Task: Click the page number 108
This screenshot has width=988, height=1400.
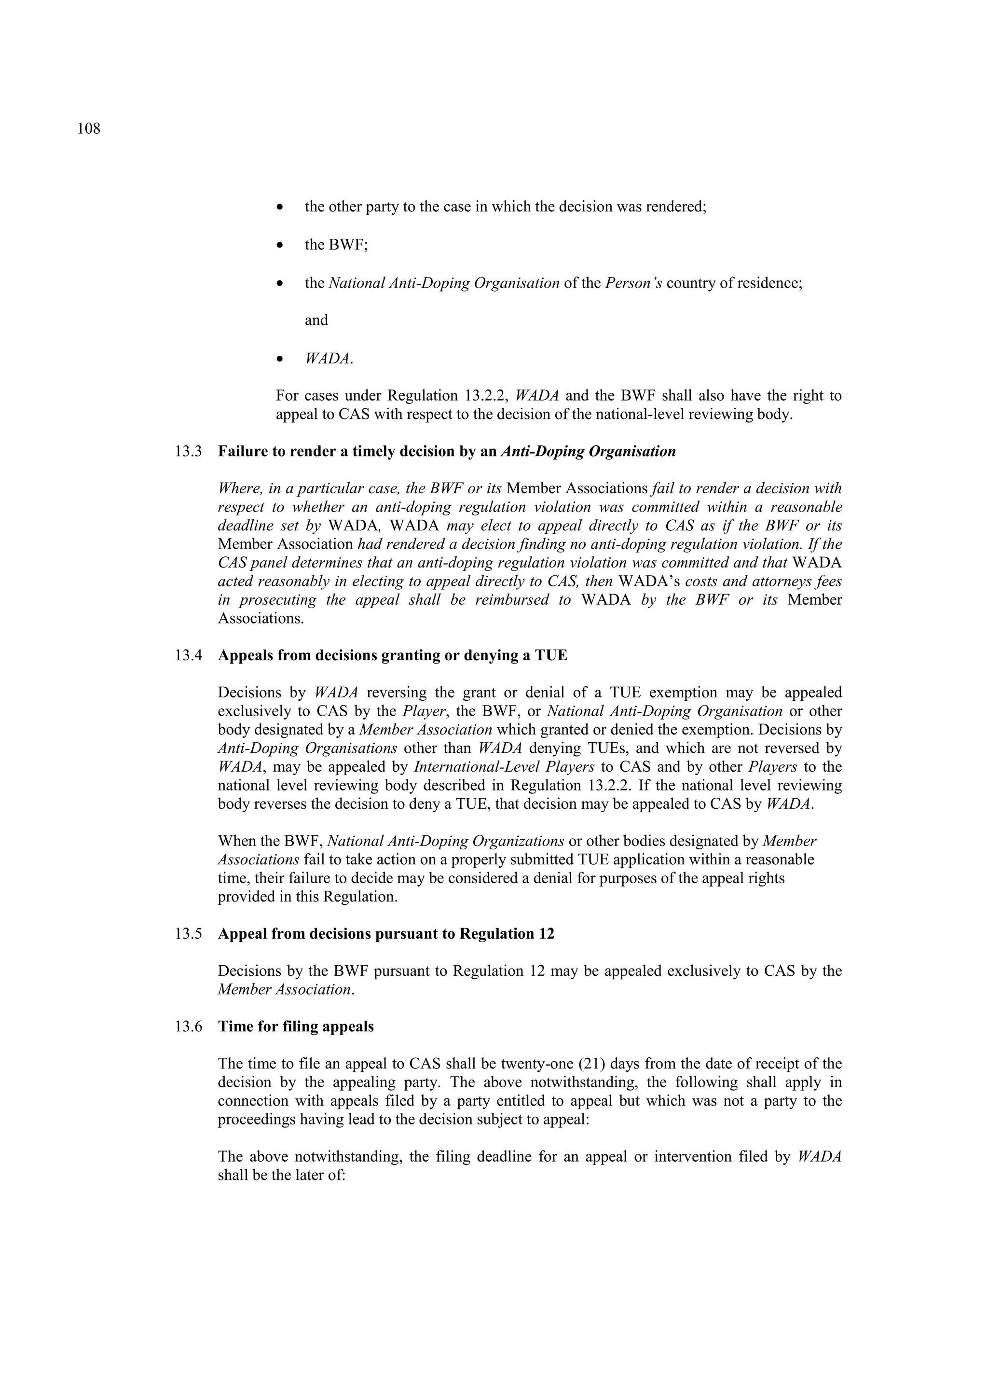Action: click(89, 129)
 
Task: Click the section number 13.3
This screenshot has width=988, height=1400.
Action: click(188, 452)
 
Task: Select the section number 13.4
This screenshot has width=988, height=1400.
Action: click(188, 655)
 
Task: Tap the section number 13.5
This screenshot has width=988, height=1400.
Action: click(188, 934)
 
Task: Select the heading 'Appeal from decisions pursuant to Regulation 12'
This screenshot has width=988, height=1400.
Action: click(386, 934)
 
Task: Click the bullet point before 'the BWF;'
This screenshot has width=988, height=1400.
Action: click(280, 245)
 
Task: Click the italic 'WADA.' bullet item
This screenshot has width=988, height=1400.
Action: click(329, 359)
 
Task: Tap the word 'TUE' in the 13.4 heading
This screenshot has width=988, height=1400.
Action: click(551, 655)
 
